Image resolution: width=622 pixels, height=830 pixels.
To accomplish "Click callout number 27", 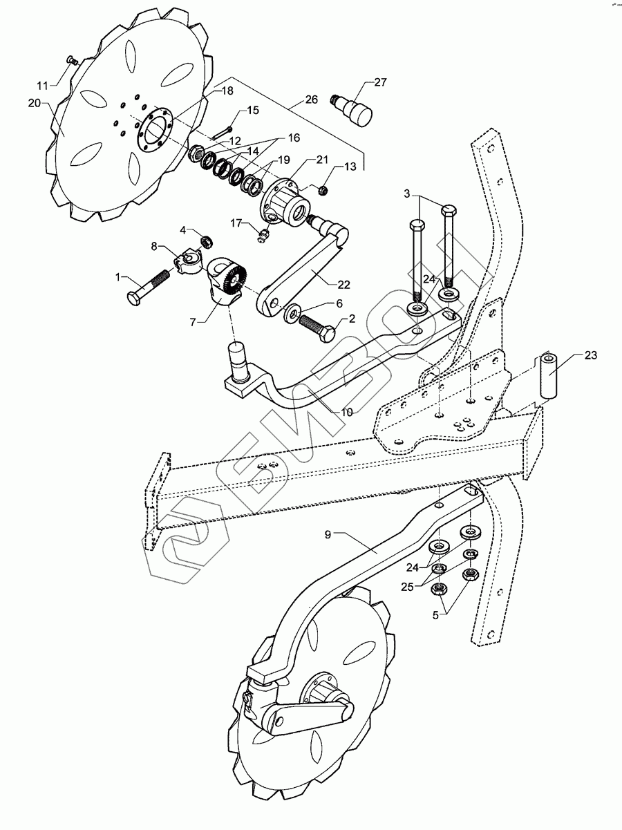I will [380, 82].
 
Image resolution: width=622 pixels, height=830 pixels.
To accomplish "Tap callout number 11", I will [43, 86].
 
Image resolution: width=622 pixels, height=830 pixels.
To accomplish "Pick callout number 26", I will [311, 100].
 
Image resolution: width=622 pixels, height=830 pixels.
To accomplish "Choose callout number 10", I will [346, 412].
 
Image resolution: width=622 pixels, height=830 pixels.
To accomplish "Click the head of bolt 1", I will [134, 299].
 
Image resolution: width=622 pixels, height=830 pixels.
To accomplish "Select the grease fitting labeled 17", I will [262, 237].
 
